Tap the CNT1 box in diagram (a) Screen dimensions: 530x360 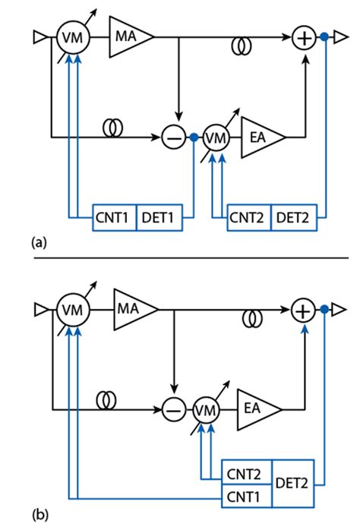(x=112, y=219)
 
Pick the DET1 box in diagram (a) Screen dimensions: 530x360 (x=157, y=219)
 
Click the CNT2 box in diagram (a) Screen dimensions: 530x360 (x=248, y=219)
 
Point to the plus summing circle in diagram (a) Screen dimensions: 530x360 (x=303, y=36)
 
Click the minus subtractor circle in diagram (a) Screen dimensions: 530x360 (x=172, y=137)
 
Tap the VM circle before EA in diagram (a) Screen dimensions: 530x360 (x=217, y=137)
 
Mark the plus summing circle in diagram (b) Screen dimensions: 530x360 (x=303, y=311)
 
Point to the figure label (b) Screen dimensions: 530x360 (x=38, y=515)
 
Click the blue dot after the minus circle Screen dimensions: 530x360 (x=194, y=137)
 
